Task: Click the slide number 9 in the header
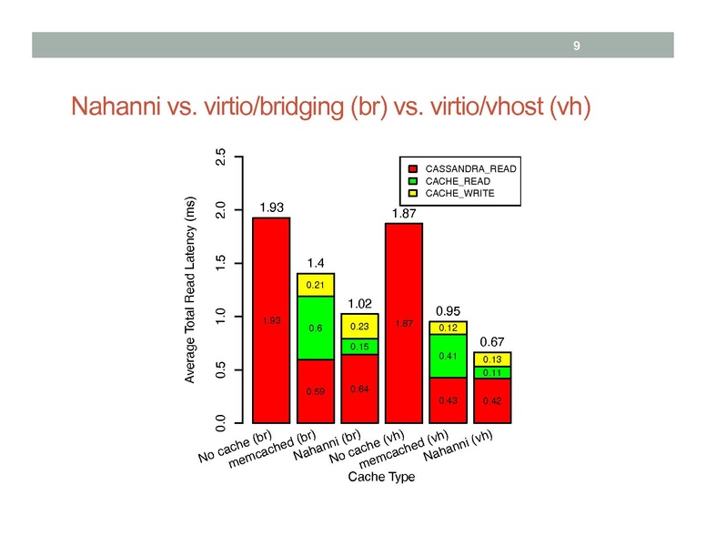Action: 576,45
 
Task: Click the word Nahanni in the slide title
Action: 118,108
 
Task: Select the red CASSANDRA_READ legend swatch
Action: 412,169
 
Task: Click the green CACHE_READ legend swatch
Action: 412,181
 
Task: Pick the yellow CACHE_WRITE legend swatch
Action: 412,193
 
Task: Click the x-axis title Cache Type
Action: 380,480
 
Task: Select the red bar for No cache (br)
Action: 271,320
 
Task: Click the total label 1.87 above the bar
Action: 405,213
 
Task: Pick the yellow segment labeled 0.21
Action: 316,285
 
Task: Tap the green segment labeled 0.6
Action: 316,328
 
